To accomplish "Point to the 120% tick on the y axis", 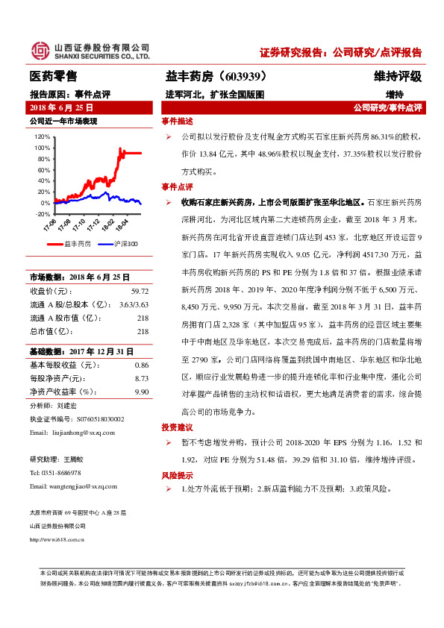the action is [42, 136].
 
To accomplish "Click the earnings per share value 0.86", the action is [142, 365].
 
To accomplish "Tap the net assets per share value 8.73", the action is [142, 378].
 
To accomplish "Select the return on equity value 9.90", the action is [142, 391].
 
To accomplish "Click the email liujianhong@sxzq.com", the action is [78, 432].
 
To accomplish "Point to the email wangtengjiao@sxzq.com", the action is [79, 486].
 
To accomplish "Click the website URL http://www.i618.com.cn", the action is [57, 539].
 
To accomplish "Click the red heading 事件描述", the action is [177, 122].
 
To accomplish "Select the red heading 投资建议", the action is [177, 427].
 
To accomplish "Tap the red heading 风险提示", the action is [177, 475].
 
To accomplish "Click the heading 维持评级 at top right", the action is [398, 76].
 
